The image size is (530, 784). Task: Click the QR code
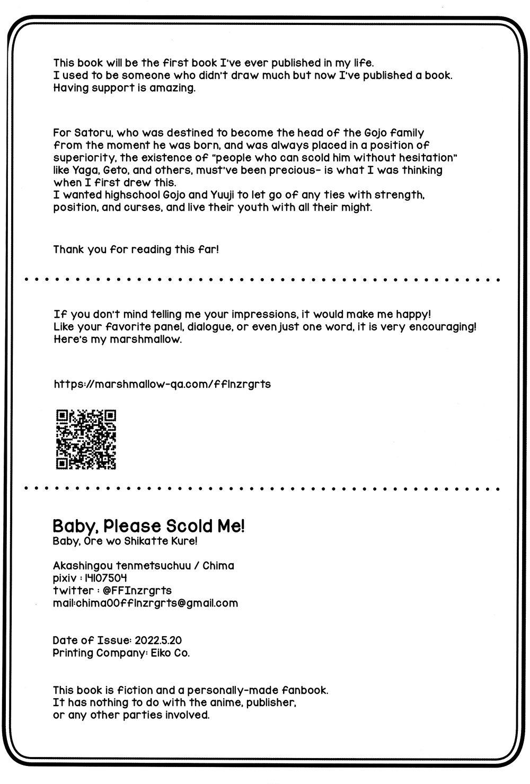coord(86,439)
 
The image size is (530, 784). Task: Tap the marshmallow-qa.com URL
coord(162,384)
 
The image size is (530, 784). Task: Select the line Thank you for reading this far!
coord(136,249)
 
